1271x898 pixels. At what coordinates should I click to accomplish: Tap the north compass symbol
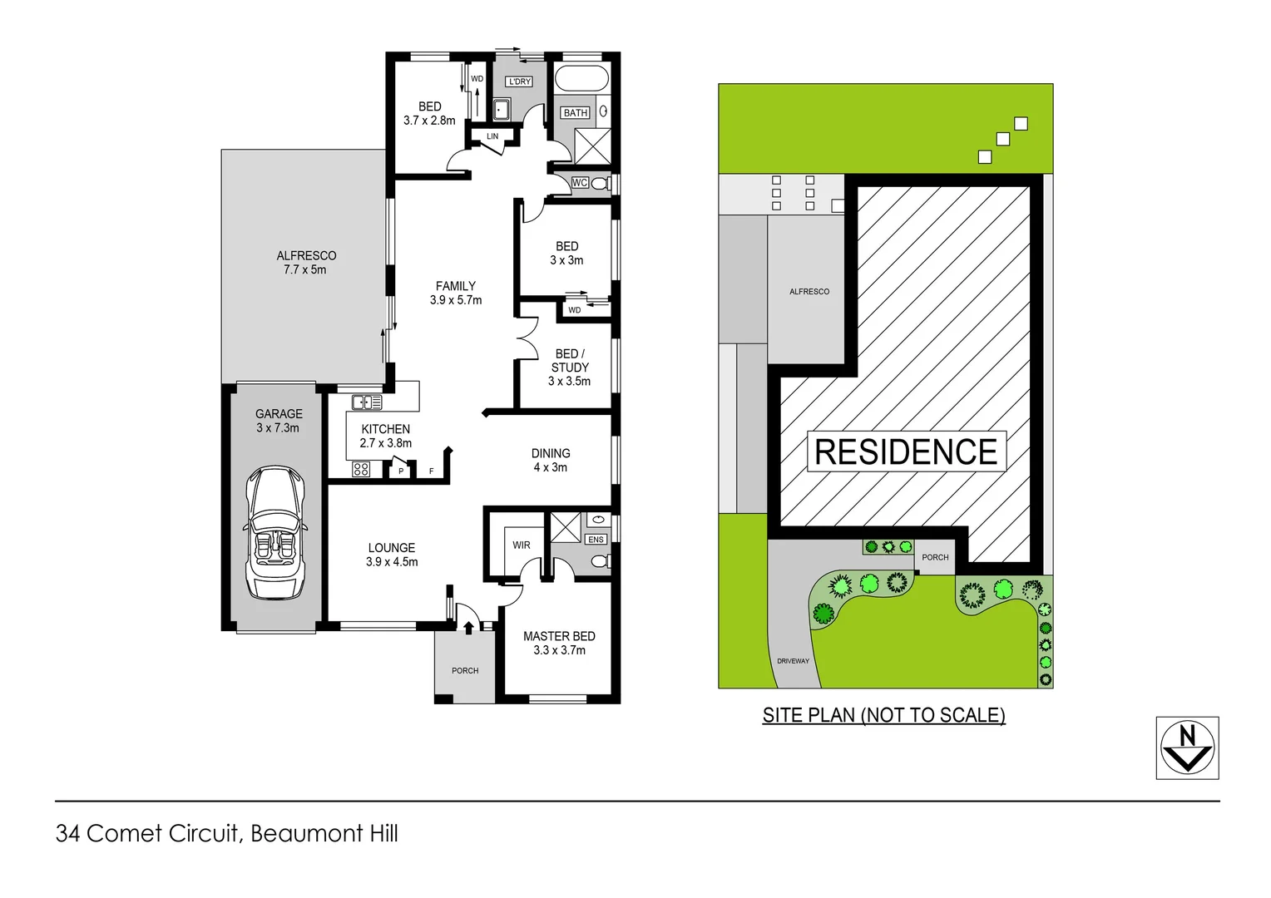tap(1187, 748)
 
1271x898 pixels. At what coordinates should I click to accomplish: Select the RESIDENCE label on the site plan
tap(906, 451)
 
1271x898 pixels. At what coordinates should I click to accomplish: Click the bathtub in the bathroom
tap(581, 79)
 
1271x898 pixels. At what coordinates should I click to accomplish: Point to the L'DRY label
tap(519, 81)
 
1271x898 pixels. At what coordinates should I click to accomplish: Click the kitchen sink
tap(366, 402)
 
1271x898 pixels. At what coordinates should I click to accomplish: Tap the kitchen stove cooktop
tap(361, 469)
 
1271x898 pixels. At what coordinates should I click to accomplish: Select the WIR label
tap(522, 545)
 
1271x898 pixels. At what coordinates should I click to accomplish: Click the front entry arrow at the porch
tap(468, 627)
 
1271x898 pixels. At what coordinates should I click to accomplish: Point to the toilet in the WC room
tap(600, 183)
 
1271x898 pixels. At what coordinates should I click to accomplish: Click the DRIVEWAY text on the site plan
tap(793, 661)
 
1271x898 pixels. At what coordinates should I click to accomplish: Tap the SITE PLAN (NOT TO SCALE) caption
tap(883, 715)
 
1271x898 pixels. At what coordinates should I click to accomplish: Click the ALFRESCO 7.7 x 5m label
tap(305, 263)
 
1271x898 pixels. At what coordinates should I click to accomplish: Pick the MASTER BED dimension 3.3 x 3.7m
tap(559, 650)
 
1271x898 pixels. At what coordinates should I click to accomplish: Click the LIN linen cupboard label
tap(492, 136)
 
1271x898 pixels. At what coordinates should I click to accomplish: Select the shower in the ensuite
tap(566, 527)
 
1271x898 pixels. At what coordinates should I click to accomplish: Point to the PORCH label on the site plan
tap(935, 557)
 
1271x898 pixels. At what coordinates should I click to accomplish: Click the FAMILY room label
tap(455, 286)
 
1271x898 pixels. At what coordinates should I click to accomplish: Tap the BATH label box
tap(576, 113)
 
